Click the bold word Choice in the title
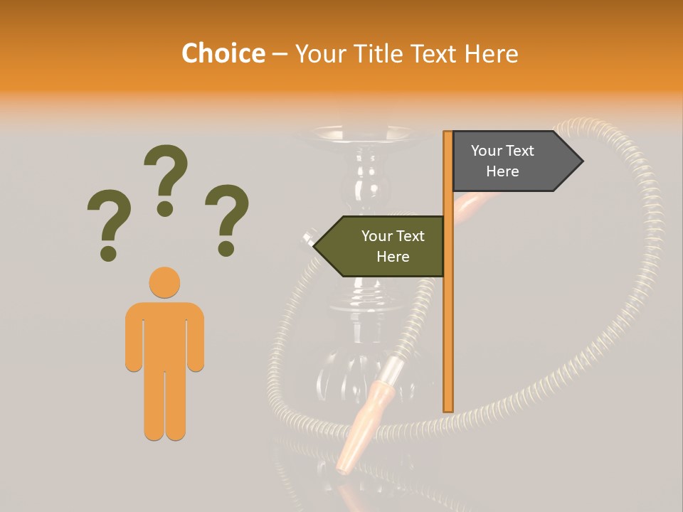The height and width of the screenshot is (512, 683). pos(223,53)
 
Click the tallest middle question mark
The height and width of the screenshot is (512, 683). pos(166,171)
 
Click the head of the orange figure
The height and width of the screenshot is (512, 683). pos(164,282)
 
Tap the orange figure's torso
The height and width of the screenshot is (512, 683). pos(164,334)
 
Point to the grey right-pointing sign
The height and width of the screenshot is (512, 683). pos(509,161)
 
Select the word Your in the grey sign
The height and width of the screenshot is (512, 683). pos(486,151)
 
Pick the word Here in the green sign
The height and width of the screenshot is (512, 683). pos(393,257)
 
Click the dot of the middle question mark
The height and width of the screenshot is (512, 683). pos(165,208)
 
